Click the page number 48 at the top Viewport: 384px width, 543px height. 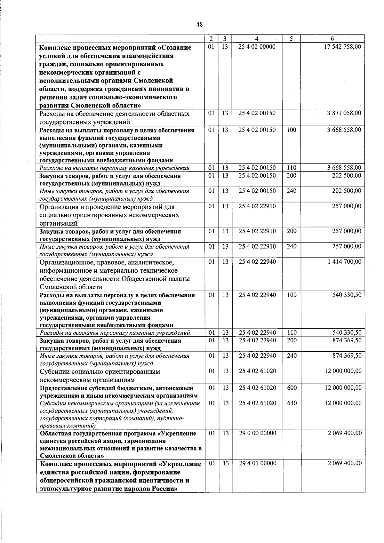(x=199, y=24)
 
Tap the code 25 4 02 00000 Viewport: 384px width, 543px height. (x=257, y=47)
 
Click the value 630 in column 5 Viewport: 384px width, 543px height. (x=292, y=403)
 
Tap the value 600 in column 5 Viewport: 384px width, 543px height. (x=292, y=388)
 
